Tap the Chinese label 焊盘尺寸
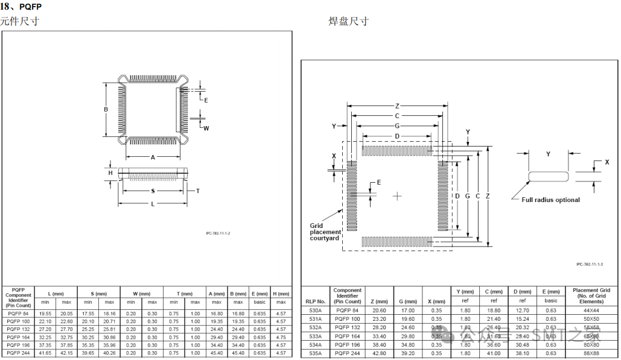348,22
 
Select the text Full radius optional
550,200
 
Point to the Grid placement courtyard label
325,232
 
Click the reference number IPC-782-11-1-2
218,233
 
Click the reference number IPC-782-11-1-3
590,264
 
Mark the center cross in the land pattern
397,196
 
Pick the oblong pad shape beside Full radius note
548,176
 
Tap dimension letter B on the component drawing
105,109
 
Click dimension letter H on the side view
110,173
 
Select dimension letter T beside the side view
197,191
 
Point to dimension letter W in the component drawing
206,128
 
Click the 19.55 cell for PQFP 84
45,314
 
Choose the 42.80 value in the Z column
379,353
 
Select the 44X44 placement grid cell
591,310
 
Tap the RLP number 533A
315,336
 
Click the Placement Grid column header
591,295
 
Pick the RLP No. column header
315,301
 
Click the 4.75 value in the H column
281,337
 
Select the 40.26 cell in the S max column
109,353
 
